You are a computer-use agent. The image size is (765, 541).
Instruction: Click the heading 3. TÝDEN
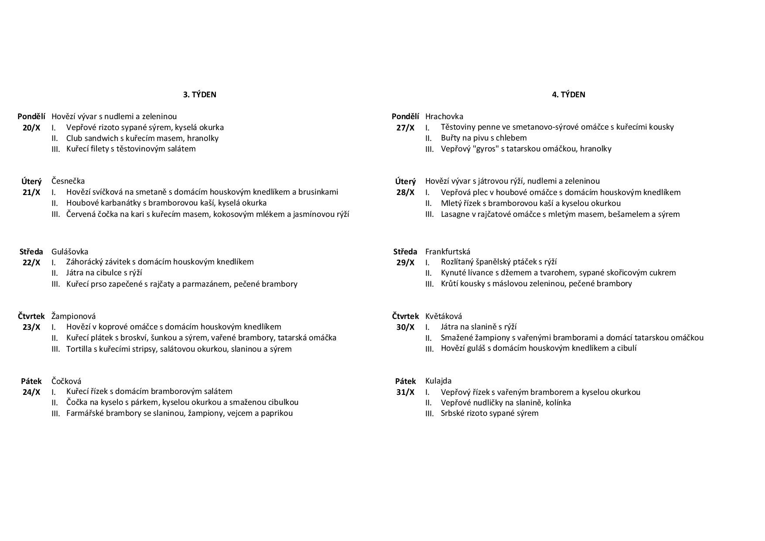coord(199,95)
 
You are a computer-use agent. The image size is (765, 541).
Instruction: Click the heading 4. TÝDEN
coord(568,95)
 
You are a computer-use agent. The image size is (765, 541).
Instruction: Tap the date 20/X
coord(31,128)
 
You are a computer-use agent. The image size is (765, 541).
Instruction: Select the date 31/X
coord(405,392)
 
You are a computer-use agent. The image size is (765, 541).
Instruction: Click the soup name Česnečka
coord(68,181)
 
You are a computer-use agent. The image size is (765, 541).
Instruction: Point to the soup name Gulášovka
coord(70,252)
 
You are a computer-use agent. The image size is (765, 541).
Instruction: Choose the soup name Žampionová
coord(73,316)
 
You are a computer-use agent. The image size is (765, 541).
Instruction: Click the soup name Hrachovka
coord(444,116)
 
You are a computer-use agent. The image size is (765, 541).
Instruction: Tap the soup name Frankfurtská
coord(447,252)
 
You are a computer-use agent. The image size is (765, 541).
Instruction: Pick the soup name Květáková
coord(444,316)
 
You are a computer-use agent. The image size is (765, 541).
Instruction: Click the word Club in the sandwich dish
coord(75,138)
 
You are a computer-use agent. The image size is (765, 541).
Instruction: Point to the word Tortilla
coord(79,349)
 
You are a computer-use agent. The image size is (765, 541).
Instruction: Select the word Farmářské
coord(85,413)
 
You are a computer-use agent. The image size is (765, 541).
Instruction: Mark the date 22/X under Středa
coord(31,263)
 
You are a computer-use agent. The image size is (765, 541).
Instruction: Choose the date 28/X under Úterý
coord(405,192)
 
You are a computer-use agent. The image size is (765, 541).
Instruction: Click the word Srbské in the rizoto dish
coord(453,413)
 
